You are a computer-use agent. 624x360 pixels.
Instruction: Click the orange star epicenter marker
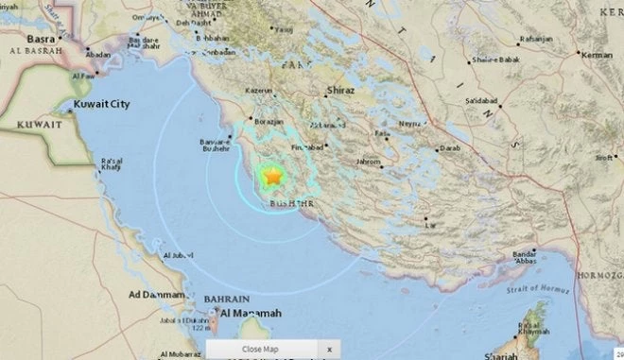(272, 176)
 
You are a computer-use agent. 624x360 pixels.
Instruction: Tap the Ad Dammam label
(157, 296)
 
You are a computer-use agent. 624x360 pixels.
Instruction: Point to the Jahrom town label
(368, 163)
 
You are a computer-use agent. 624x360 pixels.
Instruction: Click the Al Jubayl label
(177, 256)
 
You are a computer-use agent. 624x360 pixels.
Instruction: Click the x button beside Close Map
(329, 350)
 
